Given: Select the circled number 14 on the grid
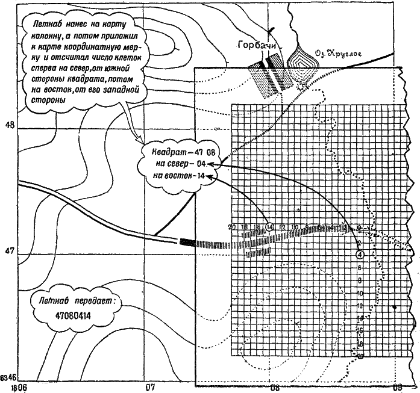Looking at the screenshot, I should [269, 227].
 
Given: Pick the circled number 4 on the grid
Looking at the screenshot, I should [360, 254].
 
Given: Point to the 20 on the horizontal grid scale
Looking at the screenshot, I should [233, 227].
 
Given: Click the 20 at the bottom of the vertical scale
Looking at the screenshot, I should [360, 356].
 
